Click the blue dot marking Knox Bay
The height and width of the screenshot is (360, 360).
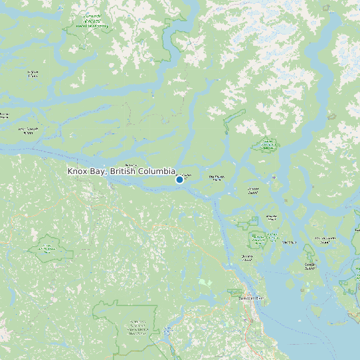[179, 179]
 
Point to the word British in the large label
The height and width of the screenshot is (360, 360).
[123, 171]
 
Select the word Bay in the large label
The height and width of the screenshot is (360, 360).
[98, 171]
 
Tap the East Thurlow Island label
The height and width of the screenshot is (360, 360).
[188, 176]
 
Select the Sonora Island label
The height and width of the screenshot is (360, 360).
[217, 177]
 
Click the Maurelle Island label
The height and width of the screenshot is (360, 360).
[253, 190]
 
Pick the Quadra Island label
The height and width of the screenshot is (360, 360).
[248, 256]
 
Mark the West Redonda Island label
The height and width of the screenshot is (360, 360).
[325, 239]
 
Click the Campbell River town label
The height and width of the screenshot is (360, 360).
[251, 298]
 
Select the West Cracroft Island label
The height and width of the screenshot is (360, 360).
[28, 130]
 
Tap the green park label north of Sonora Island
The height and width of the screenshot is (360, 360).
[268, 145]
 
